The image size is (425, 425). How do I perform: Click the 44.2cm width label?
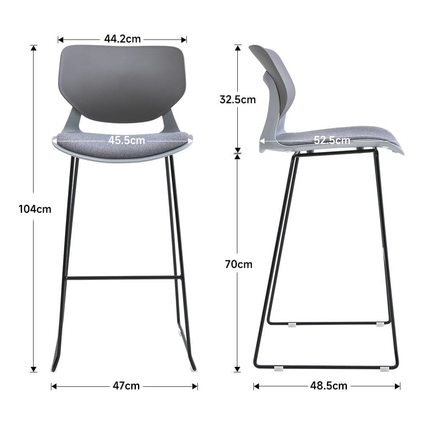click(122, 39)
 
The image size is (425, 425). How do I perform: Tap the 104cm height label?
click(35, 209)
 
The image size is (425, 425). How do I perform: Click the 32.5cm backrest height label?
click(238, 99)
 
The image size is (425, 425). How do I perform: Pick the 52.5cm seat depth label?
click(332, 140)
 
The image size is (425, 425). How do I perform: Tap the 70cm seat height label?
click(239, 264)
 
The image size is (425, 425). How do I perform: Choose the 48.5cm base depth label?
click(328, 386)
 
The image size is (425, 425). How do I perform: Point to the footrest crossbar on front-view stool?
click(124, 278)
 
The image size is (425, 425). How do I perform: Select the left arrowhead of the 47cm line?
click(54, 386)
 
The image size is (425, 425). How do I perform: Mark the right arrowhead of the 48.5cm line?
click(397, 386)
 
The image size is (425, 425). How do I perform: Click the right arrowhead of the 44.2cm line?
click(184, 39)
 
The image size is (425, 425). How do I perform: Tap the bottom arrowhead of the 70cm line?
click(238, 369)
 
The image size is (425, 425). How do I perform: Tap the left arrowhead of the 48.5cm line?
click(256, 386)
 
